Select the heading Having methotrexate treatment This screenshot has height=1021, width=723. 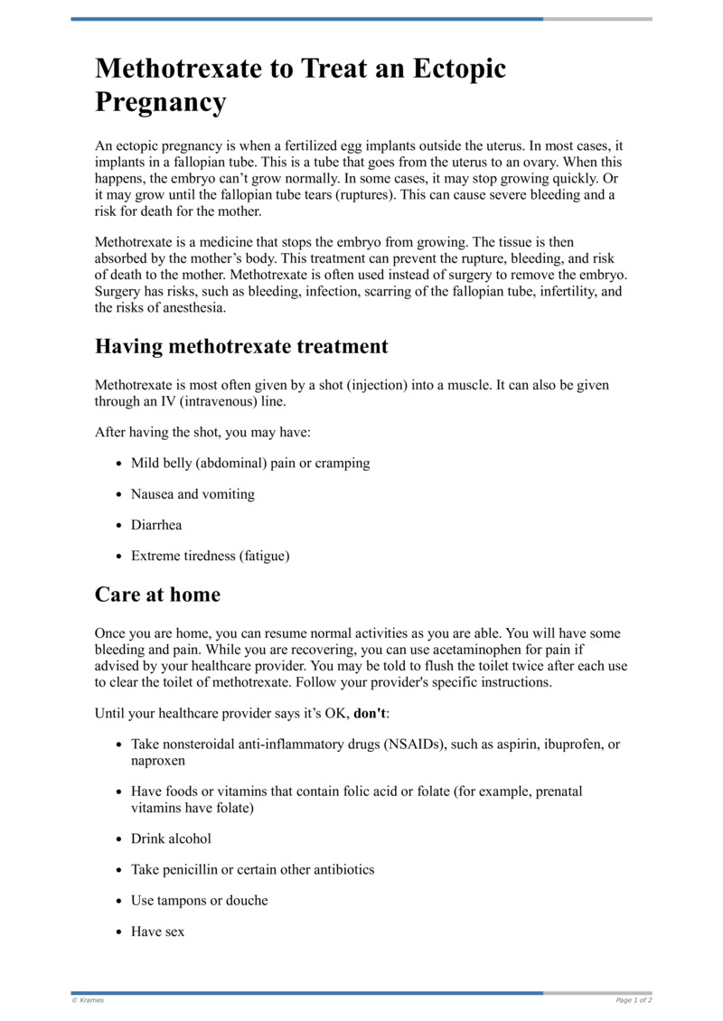point(241,346)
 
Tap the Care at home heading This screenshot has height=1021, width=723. point(157,595)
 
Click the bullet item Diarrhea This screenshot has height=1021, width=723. point(156,525)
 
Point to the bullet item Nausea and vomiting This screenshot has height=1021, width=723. point(192,494)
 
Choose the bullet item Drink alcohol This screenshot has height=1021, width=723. point(171,838)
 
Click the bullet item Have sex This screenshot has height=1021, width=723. point(157,931)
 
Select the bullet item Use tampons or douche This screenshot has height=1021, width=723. point(199,900)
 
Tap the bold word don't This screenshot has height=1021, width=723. point(370,713)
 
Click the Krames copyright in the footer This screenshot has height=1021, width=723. point(88,1000)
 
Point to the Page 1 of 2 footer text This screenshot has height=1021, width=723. point(634,1000)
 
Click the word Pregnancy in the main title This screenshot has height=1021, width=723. point(160,102)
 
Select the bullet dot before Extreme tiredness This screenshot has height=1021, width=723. point(119,557)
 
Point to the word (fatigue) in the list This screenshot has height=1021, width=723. point(265,556)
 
